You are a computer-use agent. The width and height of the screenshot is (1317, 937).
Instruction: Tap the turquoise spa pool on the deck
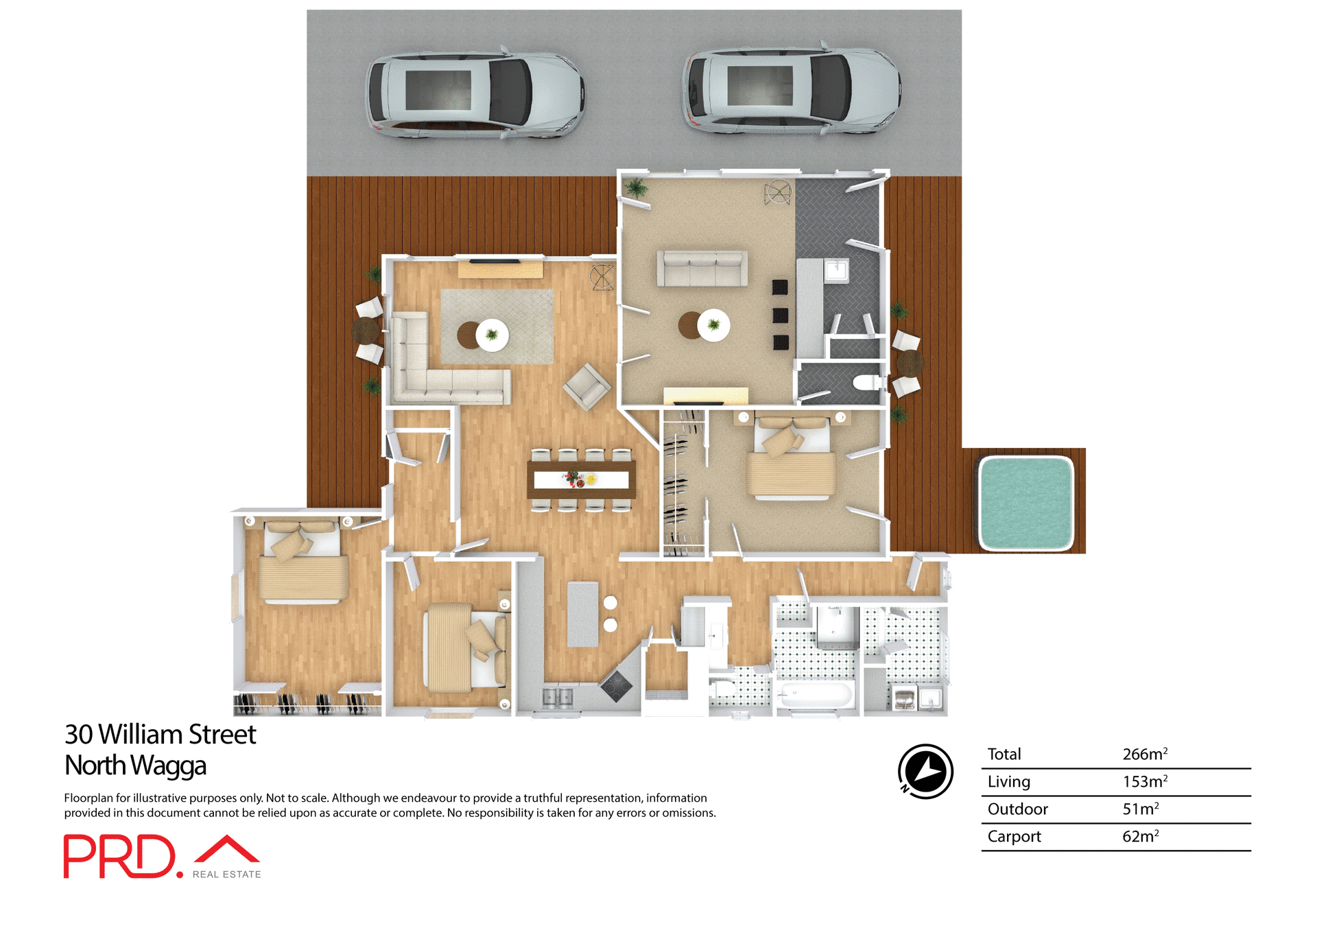point(1025,503)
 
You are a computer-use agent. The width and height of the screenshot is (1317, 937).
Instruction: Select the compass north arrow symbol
point(925,771)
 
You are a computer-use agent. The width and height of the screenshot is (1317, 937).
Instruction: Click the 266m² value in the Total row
point(1144,754)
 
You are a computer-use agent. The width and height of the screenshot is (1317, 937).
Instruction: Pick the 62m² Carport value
point(1140,836)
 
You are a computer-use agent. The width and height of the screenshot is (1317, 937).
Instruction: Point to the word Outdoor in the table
point(1017,809)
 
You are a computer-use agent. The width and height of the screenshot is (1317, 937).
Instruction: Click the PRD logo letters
point(120,856)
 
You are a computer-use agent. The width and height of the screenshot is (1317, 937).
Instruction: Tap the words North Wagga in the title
point(135,766)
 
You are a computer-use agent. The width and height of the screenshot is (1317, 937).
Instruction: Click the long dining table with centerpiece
point(581,479)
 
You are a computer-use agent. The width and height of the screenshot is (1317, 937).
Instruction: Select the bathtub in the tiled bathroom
point(816,695)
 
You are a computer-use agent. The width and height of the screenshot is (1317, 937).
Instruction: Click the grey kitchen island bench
point(582,613)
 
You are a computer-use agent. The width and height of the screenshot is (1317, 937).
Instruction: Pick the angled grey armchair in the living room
point(586,387)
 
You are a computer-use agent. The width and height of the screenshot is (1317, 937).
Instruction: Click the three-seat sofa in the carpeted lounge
point(702,268)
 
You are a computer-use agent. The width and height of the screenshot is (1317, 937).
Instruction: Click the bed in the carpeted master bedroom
point(791,461)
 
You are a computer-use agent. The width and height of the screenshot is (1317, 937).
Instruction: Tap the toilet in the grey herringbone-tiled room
point(867,382)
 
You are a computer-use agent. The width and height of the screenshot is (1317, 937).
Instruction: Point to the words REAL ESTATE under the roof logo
point(226,874)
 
